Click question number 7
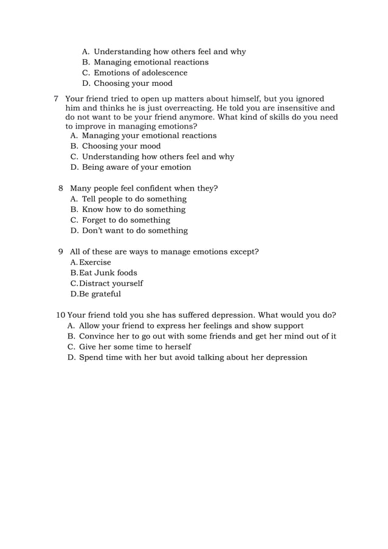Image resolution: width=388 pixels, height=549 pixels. click(x=56, y=99)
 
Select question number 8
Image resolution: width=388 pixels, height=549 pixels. click(x=61, y=188)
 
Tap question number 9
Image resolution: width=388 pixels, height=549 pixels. click(x=61, y=251)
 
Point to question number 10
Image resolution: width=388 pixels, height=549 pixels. click(x=60, y=315)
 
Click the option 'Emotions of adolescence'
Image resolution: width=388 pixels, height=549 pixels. click(x=140, y=72)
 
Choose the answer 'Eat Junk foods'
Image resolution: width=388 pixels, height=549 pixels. click(x=108, y=273)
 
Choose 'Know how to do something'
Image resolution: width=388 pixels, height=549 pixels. click(x=133, y=209)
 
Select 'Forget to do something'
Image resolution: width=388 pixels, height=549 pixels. click(x=126, y=220)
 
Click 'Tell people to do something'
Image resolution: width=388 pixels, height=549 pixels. click(x=134, y=199)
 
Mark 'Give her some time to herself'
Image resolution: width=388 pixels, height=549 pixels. click(x=134, y=346)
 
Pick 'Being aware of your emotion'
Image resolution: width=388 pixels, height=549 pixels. click(x=136, y=167)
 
